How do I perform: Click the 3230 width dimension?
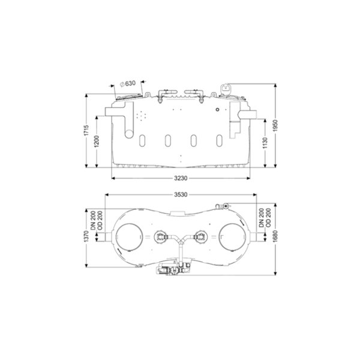point(181,178)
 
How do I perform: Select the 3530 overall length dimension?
point(181,194)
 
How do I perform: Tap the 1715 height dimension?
point(86,130)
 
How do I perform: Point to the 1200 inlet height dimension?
point(97,142)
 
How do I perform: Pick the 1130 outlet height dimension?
point(265,143)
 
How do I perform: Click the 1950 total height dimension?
point(275,125)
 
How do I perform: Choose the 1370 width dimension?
point(86,236)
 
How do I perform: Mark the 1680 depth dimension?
point(275,236)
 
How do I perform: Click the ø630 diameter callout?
point(128,83)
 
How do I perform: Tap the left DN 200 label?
point(93,221)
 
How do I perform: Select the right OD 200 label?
point(269,218)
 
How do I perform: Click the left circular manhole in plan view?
point(129,237)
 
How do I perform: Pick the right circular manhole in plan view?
point(233,237)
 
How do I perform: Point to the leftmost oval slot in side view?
point(142,140)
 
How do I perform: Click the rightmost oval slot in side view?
point(219,140)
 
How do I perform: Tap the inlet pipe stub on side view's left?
point(115,112)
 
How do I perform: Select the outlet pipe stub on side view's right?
point(247,113)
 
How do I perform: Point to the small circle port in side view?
point(217,110)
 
